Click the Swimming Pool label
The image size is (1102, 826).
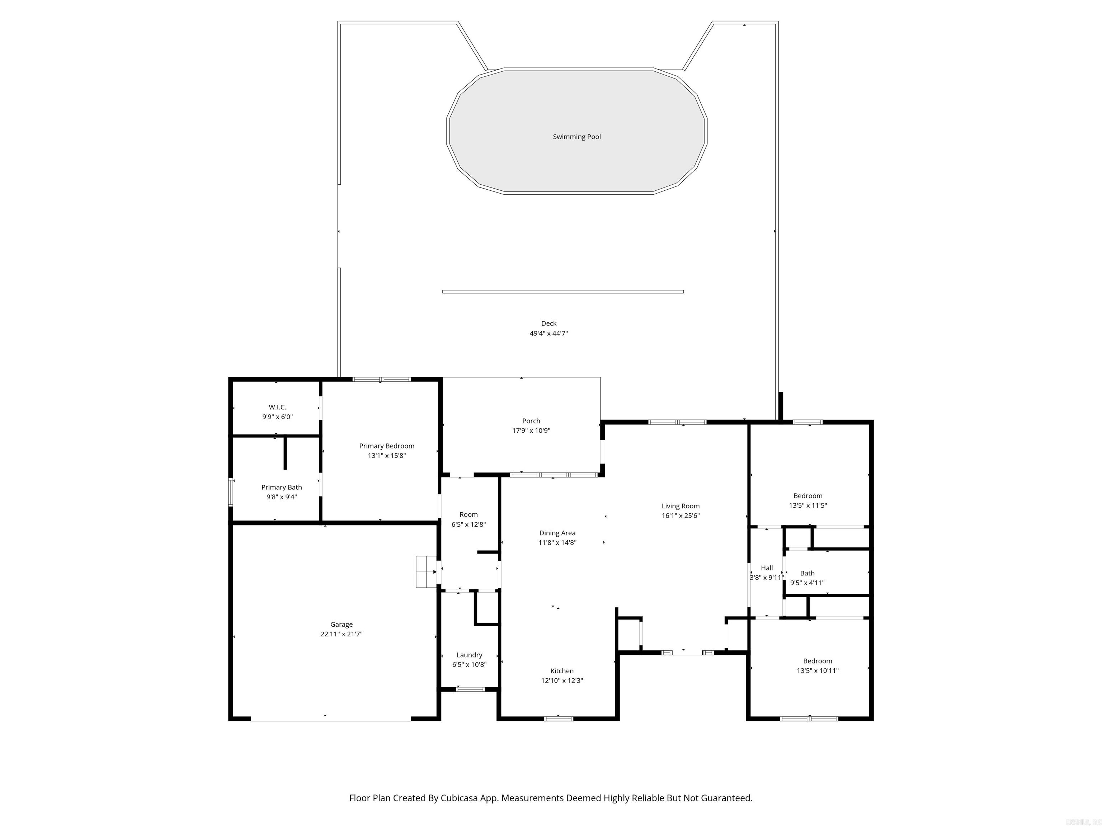576,137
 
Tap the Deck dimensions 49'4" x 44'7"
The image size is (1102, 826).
548,333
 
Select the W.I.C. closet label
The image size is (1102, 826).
278,407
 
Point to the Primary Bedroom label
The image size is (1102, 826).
387,446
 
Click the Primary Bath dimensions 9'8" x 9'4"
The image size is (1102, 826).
282,497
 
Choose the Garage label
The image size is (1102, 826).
341,625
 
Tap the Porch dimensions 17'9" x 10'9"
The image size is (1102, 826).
531,431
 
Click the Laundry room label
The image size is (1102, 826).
469,655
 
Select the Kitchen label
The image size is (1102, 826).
562,671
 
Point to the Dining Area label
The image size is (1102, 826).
557,533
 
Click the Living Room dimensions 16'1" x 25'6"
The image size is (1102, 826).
680,516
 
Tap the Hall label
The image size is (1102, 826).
767,568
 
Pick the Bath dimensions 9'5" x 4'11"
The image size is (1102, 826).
807,583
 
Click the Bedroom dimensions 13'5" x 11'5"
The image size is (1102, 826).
807,505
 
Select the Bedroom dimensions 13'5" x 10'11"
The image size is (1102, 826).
818,671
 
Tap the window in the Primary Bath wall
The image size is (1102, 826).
231,493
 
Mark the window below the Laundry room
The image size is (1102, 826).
470,689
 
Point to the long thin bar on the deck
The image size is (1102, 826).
562,292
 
